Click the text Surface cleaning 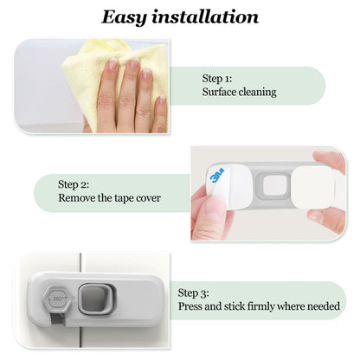coord(238,91)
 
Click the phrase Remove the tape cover coord(109,198)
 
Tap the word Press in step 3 coord(191,306)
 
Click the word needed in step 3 coord(326,306)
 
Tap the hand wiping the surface coord(130,95)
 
